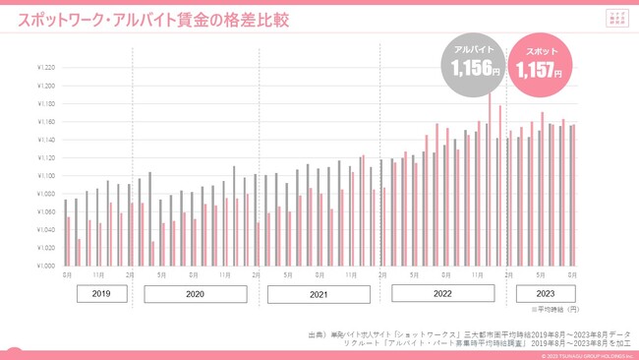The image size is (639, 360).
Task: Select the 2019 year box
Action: pos(102,294)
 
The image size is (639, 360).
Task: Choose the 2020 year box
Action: pos(195,294)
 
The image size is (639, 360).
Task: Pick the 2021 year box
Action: pos(319,294)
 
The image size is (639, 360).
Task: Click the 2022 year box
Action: pos(442,293)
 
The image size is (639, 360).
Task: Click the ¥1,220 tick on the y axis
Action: pos(45,68)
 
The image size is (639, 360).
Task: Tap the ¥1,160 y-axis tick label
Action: pos(45,122)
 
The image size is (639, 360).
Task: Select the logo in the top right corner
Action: pos(616,19)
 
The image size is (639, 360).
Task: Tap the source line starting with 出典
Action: pos(469,334)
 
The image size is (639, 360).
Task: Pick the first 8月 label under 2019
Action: pos(67,274)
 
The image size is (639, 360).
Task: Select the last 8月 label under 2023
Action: pos(571,274)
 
